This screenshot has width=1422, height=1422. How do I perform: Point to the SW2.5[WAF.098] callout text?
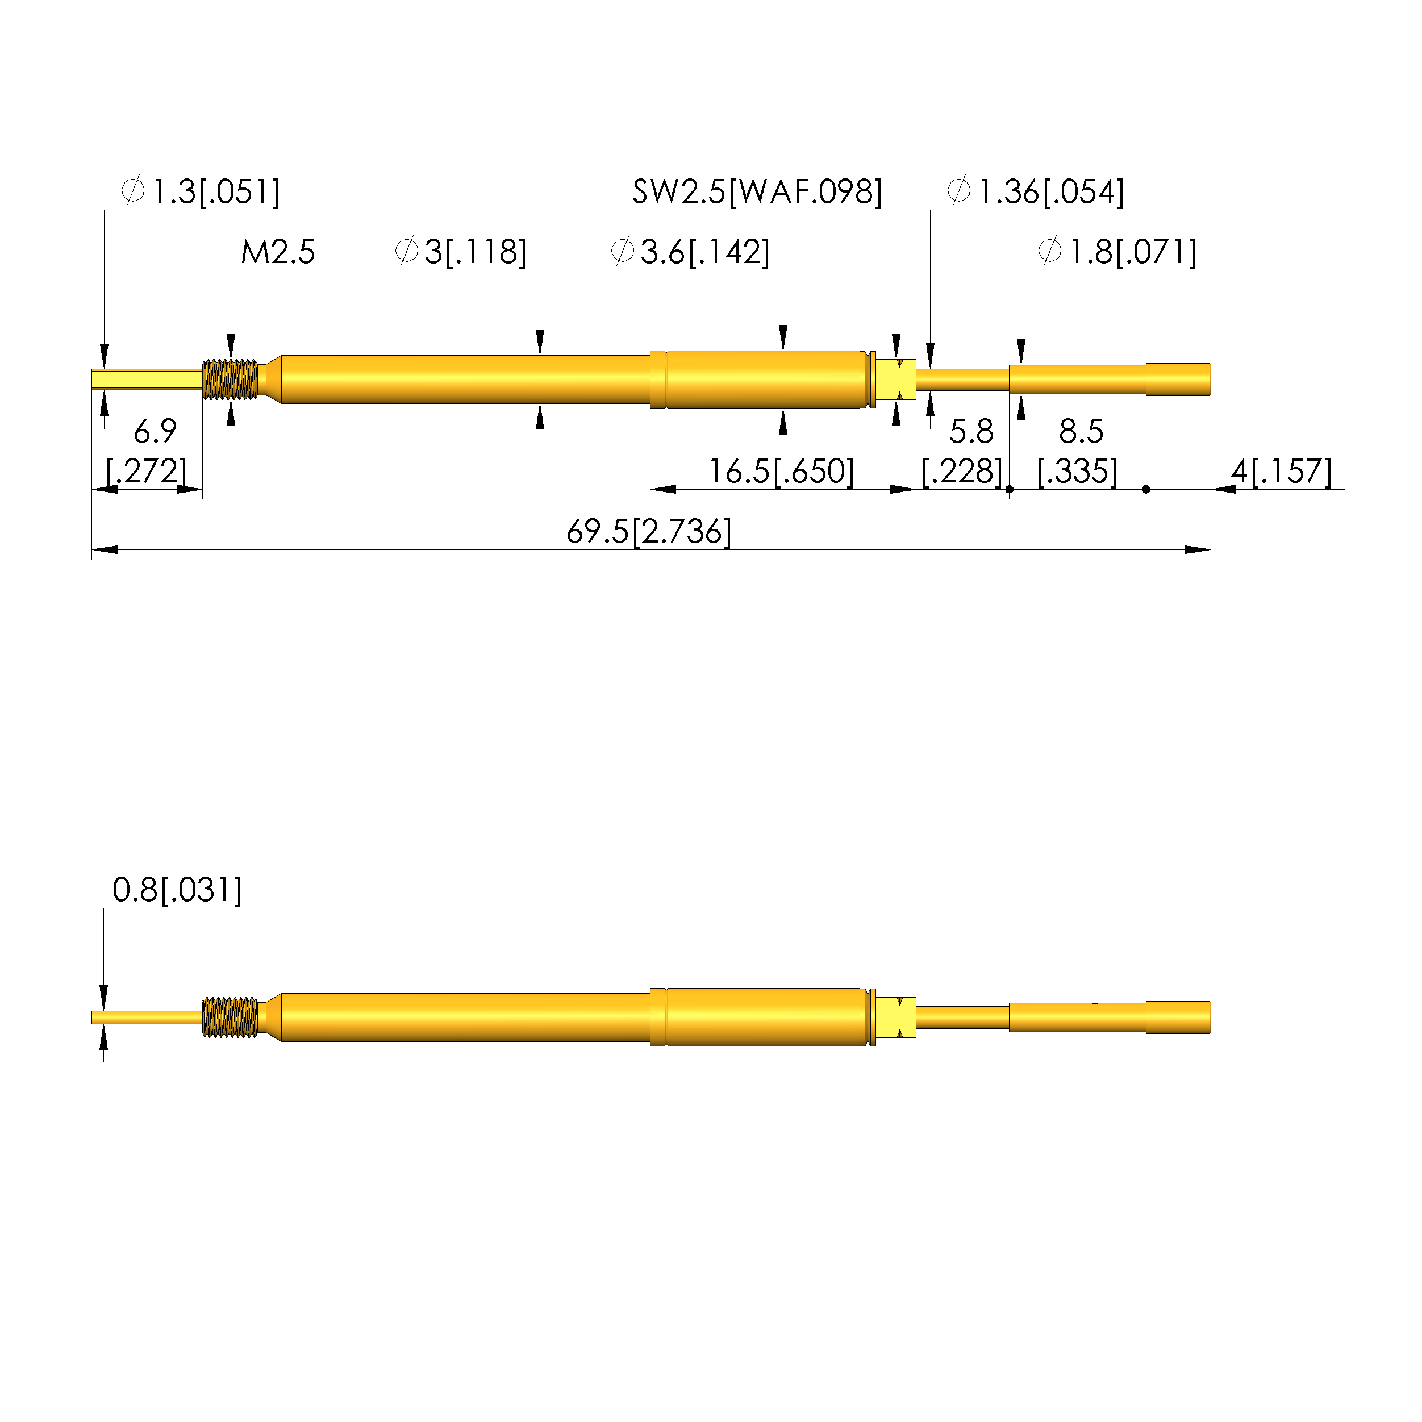(x=757, y=192)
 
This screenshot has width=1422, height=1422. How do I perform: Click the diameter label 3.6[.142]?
(x=690, y=252)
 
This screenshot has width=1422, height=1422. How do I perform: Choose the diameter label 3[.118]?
(x=461, y=252)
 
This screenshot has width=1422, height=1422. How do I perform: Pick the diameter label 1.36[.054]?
(x=1036, y=192)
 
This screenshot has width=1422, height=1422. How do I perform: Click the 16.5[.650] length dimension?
(x=781, y=472)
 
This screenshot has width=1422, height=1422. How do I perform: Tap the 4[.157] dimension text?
(x=1282, y=472)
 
